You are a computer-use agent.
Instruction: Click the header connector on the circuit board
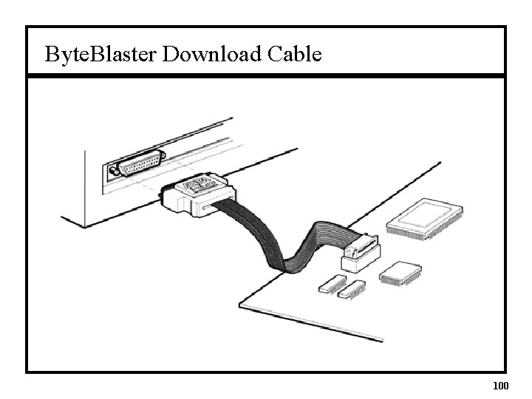click(361, 252)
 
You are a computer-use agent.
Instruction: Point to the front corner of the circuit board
click(382, 341)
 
